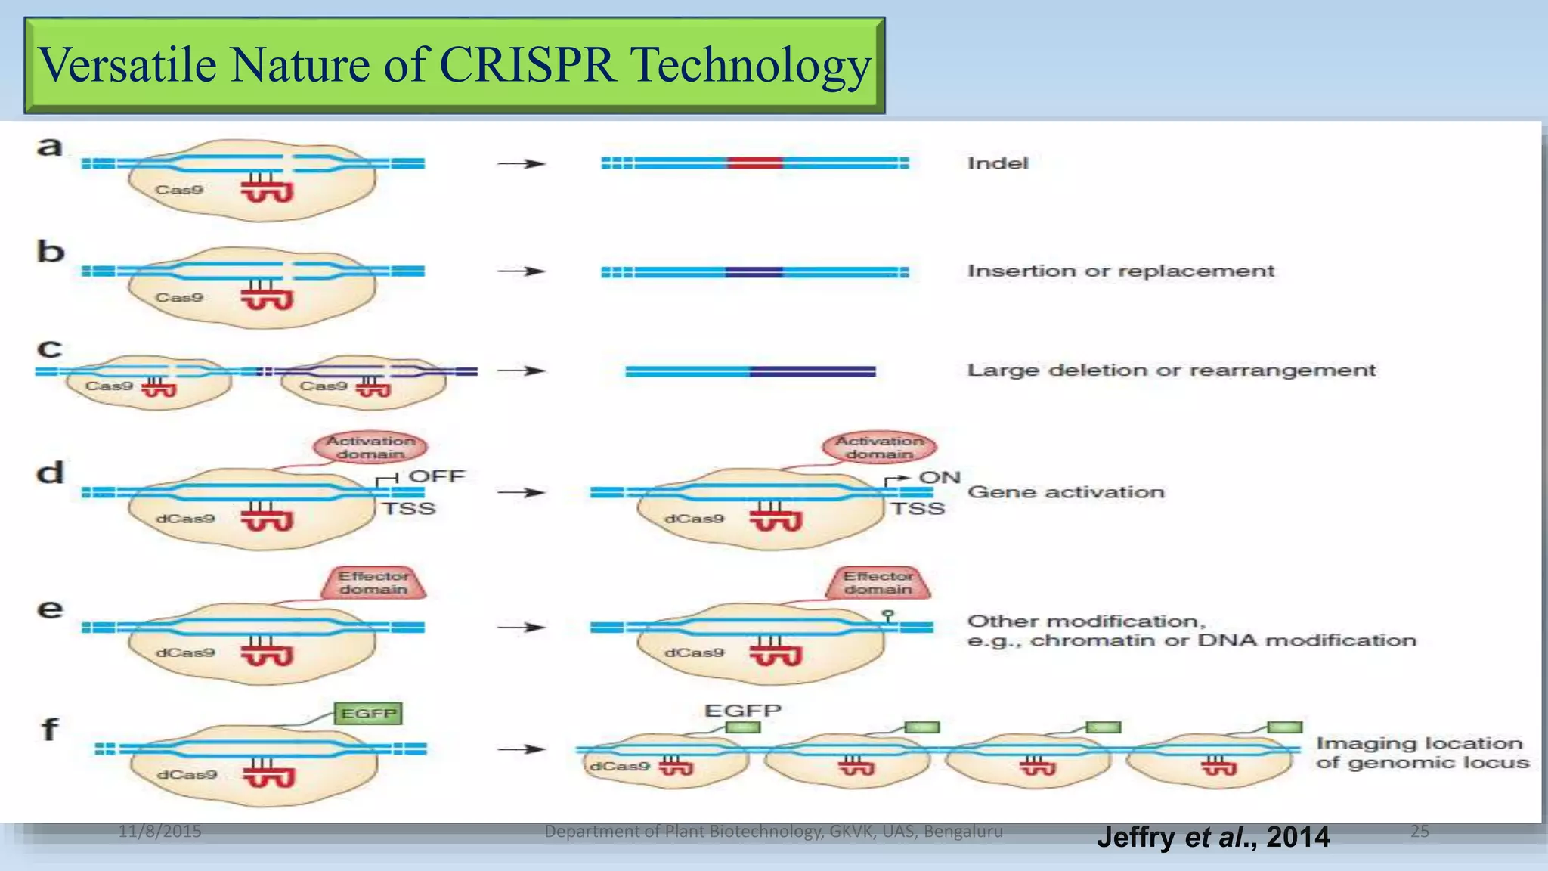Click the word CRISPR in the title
(x=527, y=65)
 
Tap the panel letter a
(x=49, y=147)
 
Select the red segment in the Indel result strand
(x=754, y=163)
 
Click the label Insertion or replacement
(x=1120, y=271)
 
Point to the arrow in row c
(x=521, y=371)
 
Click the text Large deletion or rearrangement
(x=1171, y=370)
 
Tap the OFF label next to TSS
(x=436, y=476)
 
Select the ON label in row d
(x=939, y=478)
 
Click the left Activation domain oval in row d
(x=370, y=448)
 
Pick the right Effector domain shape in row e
(x=878, y=583)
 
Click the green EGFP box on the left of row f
(x=368, y=714)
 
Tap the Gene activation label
(x=1066, y=492)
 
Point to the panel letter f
(x=49, y=730)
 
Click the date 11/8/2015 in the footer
(x=159, y=832)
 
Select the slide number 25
(x=1419, y=832)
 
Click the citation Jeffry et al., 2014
(x=1212, y=837)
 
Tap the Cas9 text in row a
(x=179, y=190)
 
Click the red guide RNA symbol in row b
(x=266, y=296)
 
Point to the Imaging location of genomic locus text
(x=1422, y=753)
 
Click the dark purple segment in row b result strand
(x=754, y=272)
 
